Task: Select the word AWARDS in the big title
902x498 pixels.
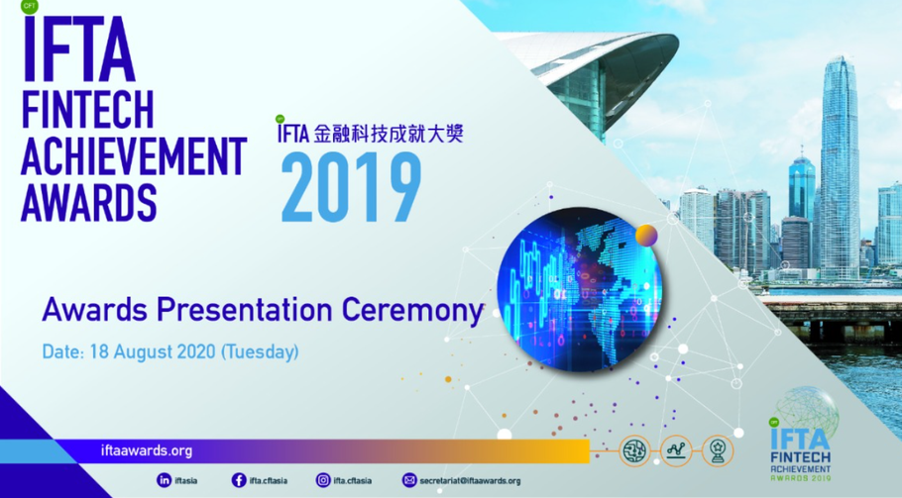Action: click(x=89, y=203)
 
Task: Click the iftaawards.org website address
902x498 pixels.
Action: click(x=147, y=450)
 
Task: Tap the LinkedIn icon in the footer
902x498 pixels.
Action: click(x=164, y=480)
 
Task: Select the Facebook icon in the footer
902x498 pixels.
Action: click(x=239, y=480)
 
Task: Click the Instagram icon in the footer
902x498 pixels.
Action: click(x=322, y=480)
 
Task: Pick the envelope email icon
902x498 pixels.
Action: click(x=408, y=480)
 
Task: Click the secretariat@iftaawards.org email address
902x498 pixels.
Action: click(x=470, y=481)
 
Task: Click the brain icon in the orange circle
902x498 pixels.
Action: click(x=633, y=451)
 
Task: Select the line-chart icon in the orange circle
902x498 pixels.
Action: click(x=675, y=451)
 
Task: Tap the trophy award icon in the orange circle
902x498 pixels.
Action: click(x=717, y=451)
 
